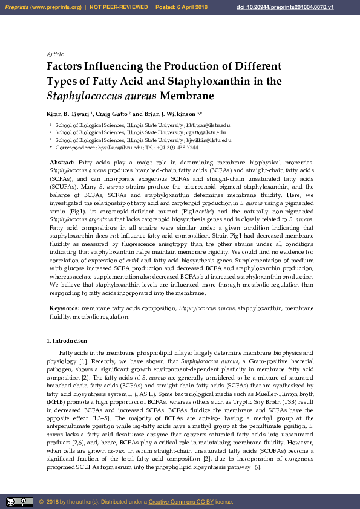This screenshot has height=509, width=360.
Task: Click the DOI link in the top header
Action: coord(293,7)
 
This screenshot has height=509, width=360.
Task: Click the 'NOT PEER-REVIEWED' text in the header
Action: coord(119,7)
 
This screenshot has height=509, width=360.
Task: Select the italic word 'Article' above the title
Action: coord(55,54)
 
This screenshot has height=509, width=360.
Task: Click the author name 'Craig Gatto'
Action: coord(111,114)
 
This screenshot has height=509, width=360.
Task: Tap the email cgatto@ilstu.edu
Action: coord(206,132)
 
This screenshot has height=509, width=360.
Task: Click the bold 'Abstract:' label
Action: coord(62,163)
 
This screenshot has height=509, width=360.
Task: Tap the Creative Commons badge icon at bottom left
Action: coord(19,501)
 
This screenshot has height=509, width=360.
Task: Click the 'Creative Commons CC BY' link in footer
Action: coord(181,502)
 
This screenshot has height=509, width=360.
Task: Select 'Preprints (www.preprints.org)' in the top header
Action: coord(43,7)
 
